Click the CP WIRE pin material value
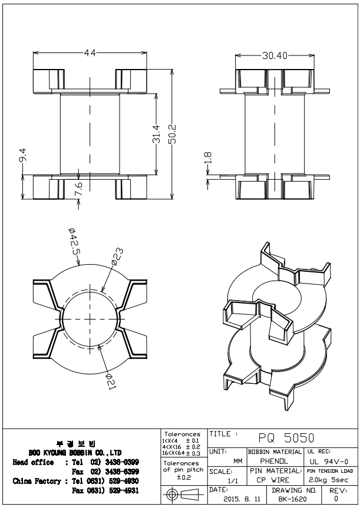271,481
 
